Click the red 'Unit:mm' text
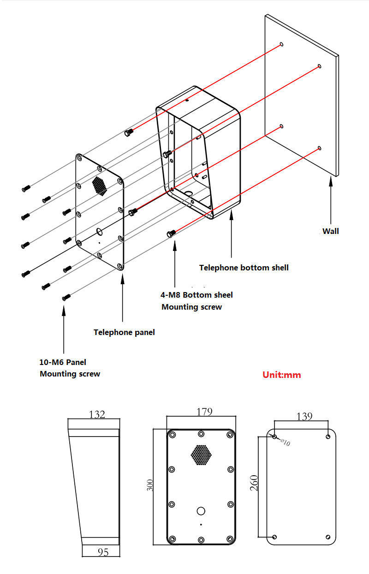pyautogui.click(x=281, y=375)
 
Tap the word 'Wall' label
pyautogui.click(x=330, y=231)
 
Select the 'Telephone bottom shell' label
pyautogui.click(x=244, y=268)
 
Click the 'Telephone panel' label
pyautogui.click(x=124, y=332)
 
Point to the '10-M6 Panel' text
pyautogui.click(x=63, y=362)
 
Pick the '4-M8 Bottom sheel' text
pyautogui.click(x=196, y=295)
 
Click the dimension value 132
pyautogui.click(x=97, y=414)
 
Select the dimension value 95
pyautogui.click(x=103, y=551)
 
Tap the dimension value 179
pyautogui.click(x=204, y=412)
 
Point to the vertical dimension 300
pyautogui.click(x=150, y=485)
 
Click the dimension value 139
pyautogui.click(x=304, y=416)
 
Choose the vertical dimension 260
pyautogui.click(x=254, y=483)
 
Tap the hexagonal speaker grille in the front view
pyautogui.click(x=201, y=455)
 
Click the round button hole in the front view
pyautogui.click(x=201, y=511)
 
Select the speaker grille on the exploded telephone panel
pyautogui.click(x=99, y=185)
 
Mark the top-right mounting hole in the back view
pyautogui.click(x=328, y=436)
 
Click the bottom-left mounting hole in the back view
pyautogui.click(x=275, y=537)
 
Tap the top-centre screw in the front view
pyautogui.click(x=201, y=434)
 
